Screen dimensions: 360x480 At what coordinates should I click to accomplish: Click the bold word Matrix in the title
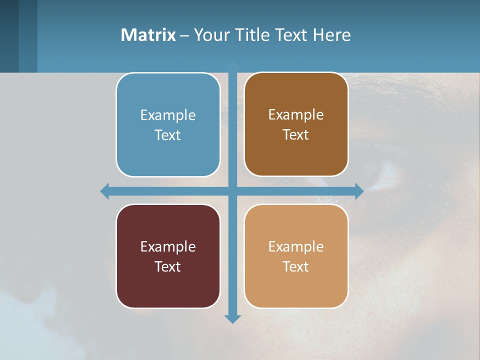[x=148, y=35]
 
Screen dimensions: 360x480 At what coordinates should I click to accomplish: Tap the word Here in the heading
[x=331, y=35]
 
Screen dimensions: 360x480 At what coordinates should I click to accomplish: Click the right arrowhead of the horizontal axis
[x=359, y=191]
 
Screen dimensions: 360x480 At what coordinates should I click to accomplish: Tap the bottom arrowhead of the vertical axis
[x=232, y=318]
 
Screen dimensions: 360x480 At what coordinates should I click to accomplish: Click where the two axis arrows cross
[x=232, y=191]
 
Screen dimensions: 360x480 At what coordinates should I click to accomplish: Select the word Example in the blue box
[x=168, y=115]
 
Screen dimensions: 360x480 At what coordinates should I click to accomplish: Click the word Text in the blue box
[x=168, y=135]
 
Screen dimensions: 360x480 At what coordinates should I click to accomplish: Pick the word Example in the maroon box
[x=168, y=247]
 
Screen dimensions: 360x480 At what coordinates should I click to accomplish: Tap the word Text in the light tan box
[x=296, y=267]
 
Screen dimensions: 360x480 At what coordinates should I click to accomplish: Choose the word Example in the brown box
[x=296, y=115]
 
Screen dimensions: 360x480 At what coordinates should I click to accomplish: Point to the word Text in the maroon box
[x=168, y=267]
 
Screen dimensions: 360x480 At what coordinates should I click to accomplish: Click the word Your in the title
[x=210, y=35]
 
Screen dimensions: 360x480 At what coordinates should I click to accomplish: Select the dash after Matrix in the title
[x=184, y=35]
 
